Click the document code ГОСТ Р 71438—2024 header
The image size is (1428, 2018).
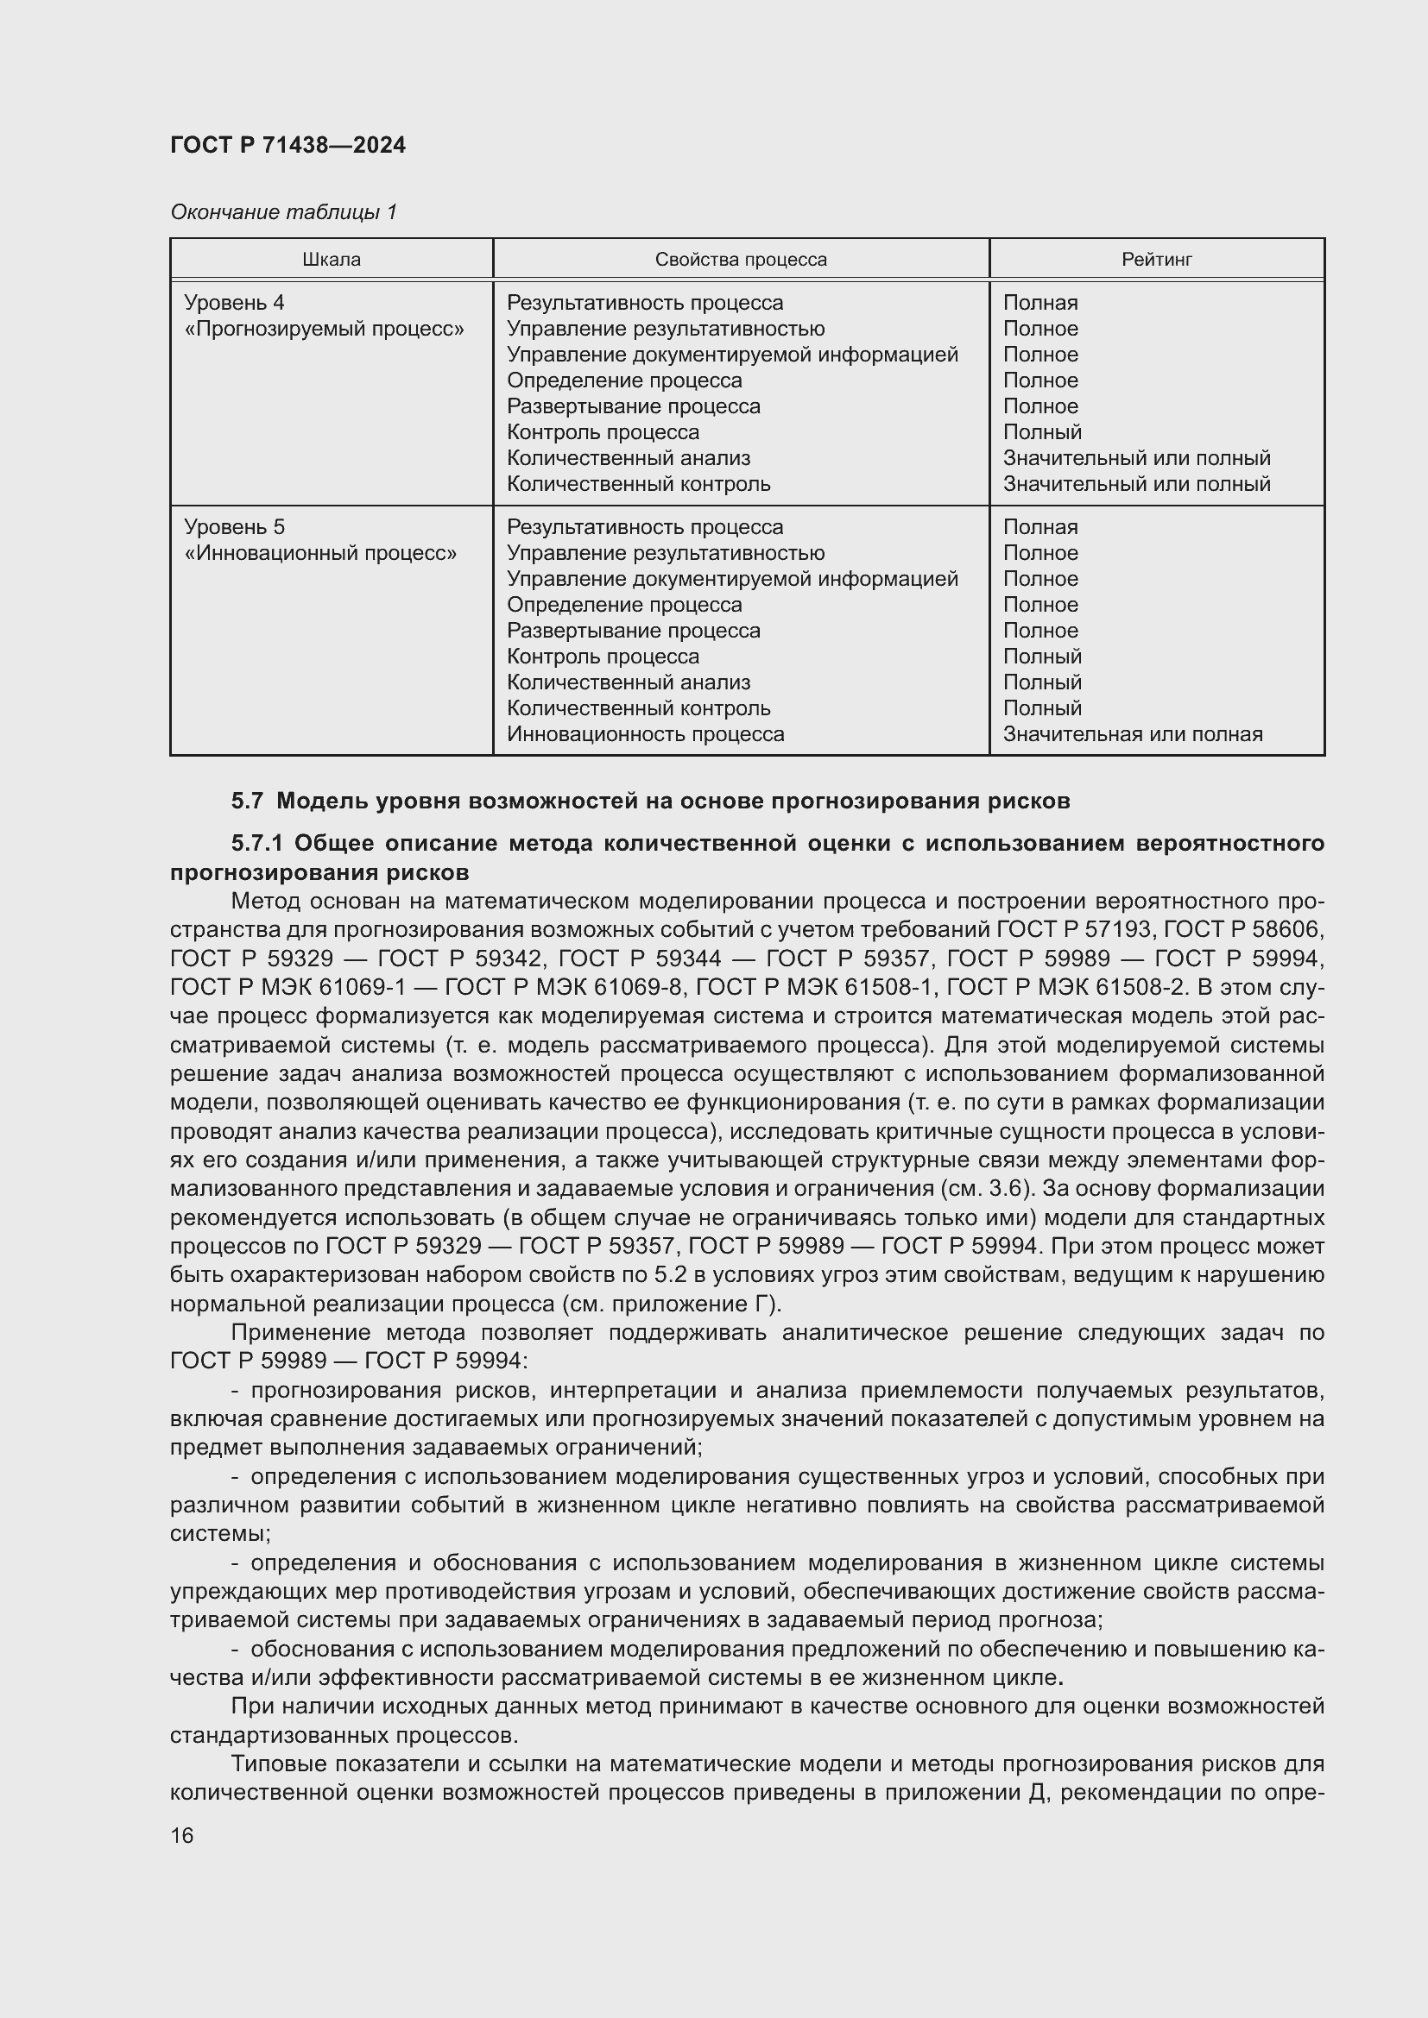287,145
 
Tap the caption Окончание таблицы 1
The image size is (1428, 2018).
283,212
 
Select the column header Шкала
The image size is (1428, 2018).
332,260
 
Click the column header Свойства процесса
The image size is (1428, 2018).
741,260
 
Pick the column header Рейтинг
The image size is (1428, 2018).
1156,260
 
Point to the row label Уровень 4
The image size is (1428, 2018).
234,302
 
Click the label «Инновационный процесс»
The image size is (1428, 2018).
320,553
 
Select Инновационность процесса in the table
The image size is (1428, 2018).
645,734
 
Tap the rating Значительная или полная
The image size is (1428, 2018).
1133,734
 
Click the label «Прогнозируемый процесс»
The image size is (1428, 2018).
324,329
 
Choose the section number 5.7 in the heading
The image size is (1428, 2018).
247,801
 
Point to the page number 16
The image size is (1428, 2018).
182,1835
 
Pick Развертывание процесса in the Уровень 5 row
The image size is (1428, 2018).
633,630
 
